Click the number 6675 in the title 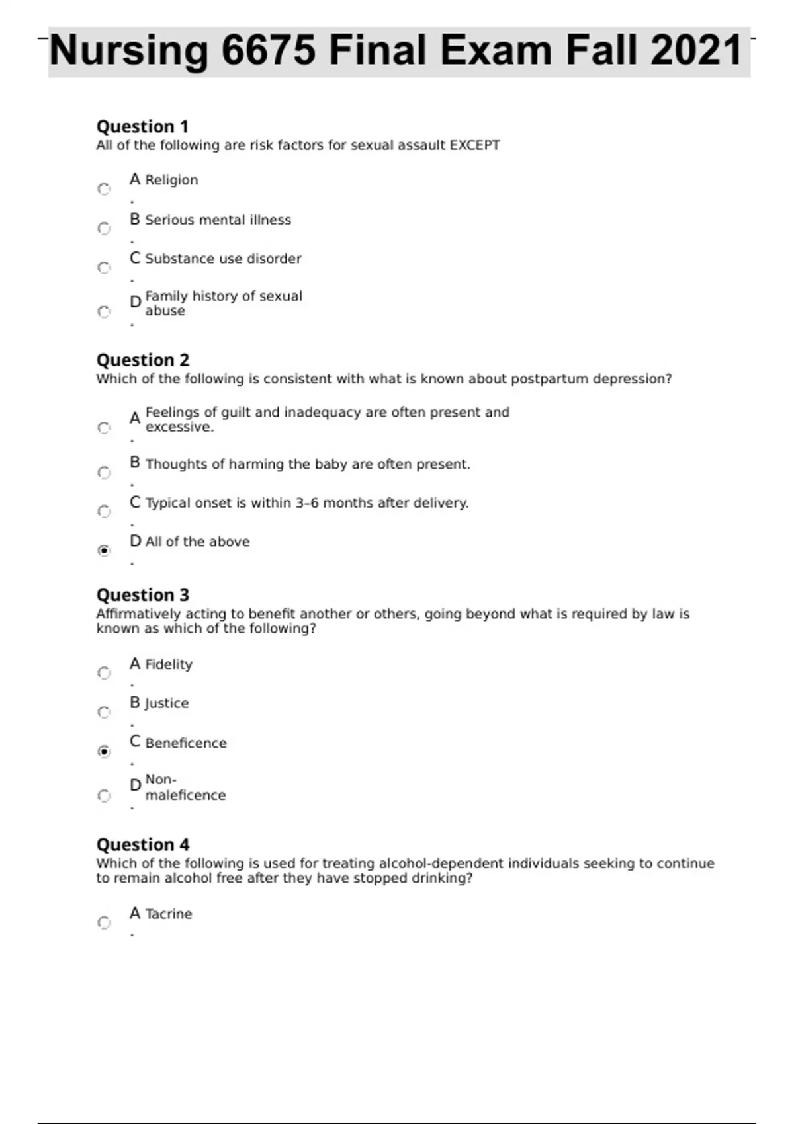[268, 51]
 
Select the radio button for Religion [104, 189]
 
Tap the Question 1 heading [142, 126]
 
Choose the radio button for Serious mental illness [104, 229]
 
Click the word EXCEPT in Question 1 [474, 145]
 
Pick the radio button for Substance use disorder [104, 268]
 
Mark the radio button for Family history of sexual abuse [104, 311]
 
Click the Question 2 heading [142, 360]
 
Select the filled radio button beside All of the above [104, 550]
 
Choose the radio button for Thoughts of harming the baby [104, 473]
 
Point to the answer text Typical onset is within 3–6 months [306, 503]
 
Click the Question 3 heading [142, 595]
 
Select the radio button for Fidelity [104, 673]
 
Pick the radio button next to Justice [104, 712]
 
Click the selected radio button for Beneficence [104, 751]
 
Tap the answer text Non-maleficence [185, 787]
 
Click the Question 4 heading [142, 845]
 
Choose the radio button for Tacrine [104, 922]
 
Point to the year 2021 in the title [696, 51]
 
